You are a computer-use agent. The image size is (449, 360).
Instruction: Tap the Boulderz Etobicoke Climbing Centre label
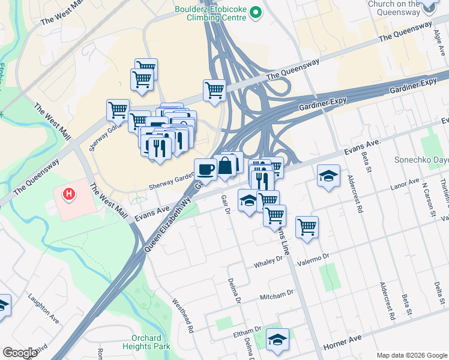210,13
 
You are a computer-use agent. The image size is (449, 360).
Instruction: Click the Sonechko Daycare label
421,160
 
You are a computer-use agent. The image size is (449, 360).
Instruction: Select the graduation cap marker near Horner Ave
277,339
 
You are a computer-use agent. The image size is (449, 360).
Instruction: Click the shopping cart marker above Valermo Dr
307,227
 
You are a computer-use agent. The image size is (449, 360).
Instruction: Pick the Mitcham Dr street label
276,296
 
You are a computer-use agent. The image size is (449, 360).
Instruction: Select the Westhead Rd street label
183,316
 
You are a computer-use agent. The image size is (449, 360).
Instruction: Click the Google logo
20,353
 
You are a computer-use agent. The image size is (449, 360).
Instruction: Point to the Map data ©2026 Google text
411,355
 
